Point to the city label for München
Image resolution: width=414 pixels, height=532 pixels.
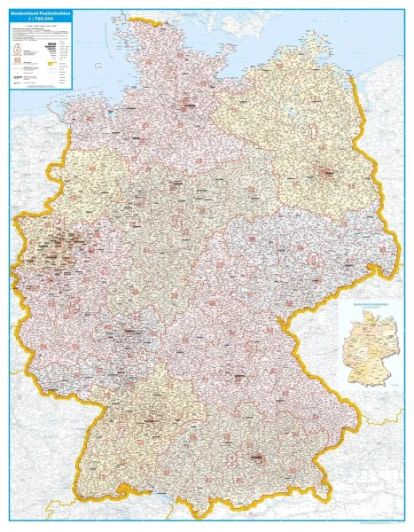(258, 456)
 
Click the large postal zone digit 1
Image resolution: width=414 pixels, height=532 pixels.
(312, 133)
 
